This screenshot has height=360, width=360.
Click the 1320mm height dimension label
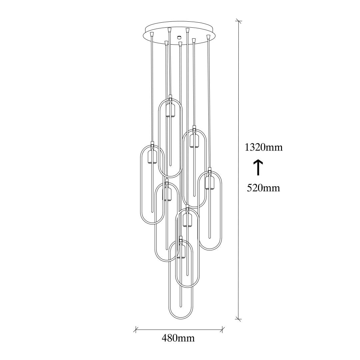coord(263,147)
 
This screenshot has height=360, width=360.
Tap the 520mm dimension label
coord(263,188)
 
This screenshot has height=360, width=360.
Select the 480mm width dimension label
coord(178,338)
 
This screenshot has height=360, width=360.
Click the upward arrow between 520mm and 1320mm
coord(258,168)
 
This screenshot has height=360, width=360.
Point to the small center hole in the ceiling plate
coord(179,37)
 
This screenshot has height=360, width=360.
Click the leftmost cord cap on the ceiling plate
coord(152,34)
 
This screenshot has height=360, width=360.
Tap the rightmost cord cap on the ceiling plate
coord(208,37)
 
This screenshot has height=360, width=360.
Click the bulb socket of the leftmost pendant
coord(152,157)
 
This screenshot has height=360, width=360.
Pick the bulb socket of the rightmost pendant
coord(209,183)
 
